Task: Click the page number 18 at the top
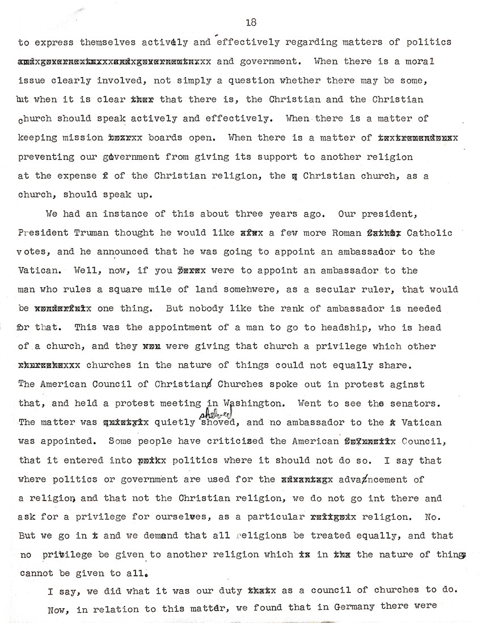(x=252, y=22)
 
